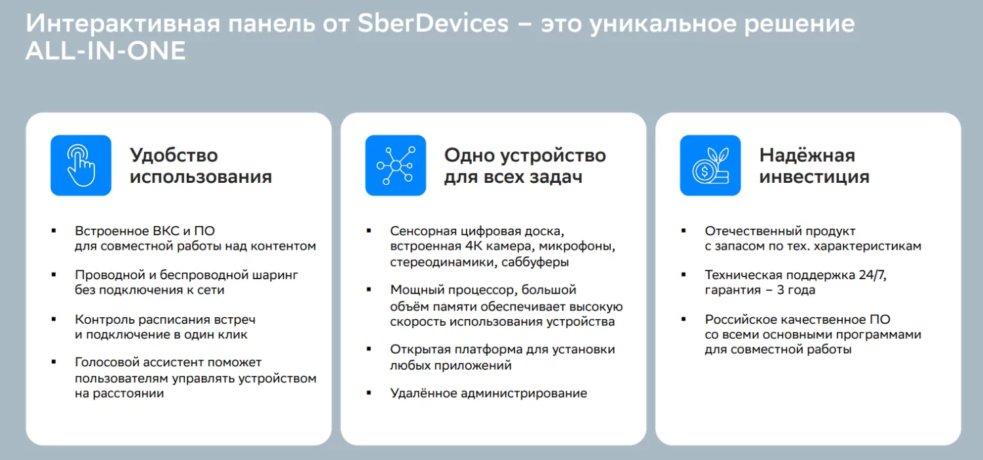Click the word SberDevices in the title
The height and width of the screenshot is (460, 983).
(433, 25)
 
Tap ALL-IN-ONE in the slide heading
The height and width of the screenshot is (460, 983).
(106, 52)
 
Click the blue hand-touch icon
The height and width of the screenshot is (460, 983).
(81, 165)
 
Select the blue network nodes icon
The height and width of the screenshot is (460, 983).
(395, 165)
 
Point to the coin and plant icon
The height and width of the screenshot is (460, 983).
(710, 165)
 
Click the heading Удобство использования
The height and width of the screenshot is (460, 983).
(201, 166)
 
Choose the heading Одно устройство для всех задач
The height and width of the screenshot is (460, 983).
(525, 166)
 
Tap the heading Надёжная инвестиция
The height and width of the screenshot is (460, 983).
(814, 166)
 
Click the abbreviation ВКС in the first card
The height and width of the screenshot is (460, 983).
(159, 231)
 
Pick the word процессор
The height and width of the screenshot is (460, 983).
(480, 290)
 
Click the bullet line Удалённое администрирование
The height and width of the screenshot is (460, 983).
(488, 394)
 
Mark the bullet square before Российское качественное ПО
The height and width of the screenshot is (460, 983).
(684, 318)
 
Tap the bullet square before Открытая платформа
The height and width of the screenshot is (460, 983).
(369, 348)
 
